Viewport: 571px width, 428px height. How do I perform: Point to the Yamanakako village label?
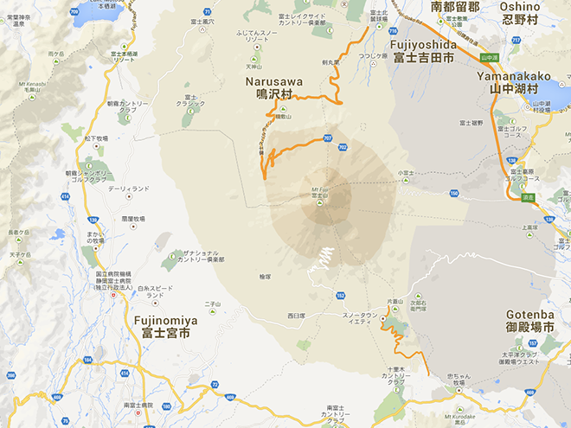(x=517, y=81)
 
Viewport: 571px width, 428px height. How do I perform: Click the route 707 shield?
(x=327, y=138)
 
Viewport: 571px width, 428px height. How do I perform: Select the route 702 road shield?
(x=343, y=148)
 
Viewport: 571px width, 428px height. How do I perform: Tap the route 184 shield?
(x=87, y=359)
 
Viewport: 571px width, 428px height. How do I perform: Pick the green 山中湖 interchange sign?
(x=489, y=58)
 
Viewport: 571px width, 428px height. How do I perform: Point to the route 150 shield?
(x=452, y=193)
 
